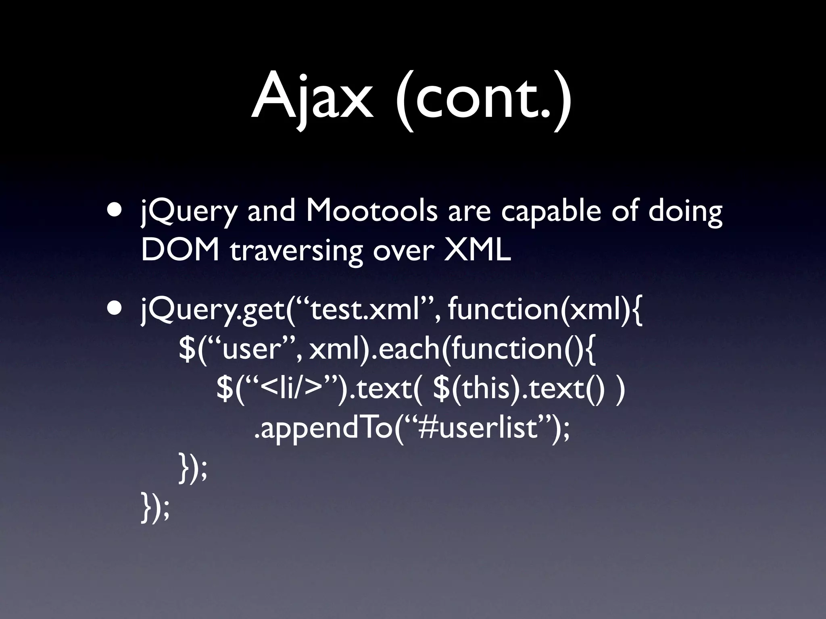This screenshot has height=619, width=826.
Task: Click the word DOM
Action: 180,250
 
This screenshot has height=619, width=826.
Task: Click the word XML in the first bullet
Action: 477,250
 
